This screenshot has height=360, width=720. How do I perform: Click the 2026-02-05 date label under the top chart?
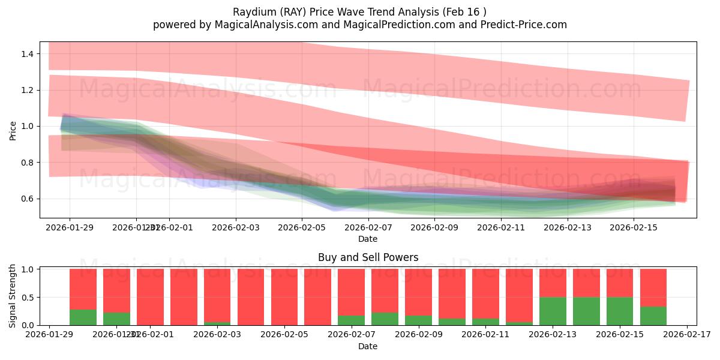point(302,227)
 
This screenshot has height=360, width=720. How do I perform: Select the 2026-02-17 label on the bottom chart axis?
point(685,335)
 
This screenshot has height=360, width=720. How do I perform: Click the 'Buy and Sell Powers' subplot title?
point(368,257)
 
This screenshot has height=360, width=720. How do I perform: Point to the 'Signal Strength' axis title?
point(13,296)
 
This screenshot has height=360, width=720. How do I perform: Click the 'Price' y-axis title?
point(13,130)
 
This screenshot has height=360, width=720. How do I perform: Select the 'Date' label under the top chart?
point(368,239)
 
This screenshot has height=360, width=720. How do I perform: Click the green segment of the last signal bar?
point(653,316)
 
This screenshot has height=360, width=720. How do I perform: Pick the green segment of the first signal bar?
point(83,317)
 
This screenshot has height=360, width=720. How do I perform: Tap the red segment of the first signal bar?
point(83,289)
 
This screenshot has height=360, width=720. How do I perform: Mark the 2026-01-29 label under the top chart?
point(70,227)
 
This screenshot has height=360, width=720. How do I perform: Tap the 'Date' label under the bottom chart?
point(368,346)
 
